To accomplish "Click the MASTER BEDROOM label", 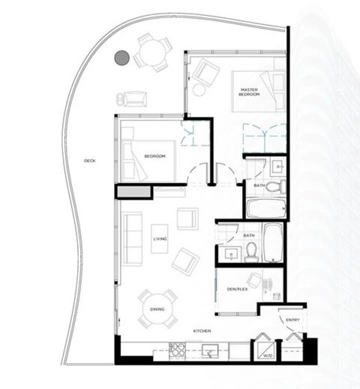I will pyautogui.click(x=249, y=92).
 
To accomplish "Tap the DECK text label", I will pyautogui.click(x=90, y=161).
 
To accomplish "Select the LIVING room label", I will pyautogui.click(x=160, y=239).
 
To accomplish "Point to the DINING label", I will pyautogui.click(x=157, y=309).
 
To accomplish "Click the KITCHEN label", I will pyautogui.click(x=202, y=331).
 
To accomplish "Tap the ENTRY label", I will pyautogui.click(x=293, y=320).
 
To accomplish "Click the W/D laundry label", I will pyautogui.click(x=268, y=355).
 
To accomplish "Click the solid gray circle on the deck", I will pyautogui.click(x=122, y=58).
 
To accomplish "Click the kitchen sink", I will pyautogui.click(x=209, y=351).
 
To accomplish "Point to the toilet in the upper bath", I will pyautogui.click(x=278, y=185).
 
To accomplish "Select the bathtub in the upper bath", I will pyautogui.click(x=267, y=208).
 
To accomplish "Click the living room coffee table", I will pyautogui.click(x=159, y=239).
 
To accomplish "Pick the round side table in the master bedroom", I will pyautogui.click(x=199, y=90).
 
